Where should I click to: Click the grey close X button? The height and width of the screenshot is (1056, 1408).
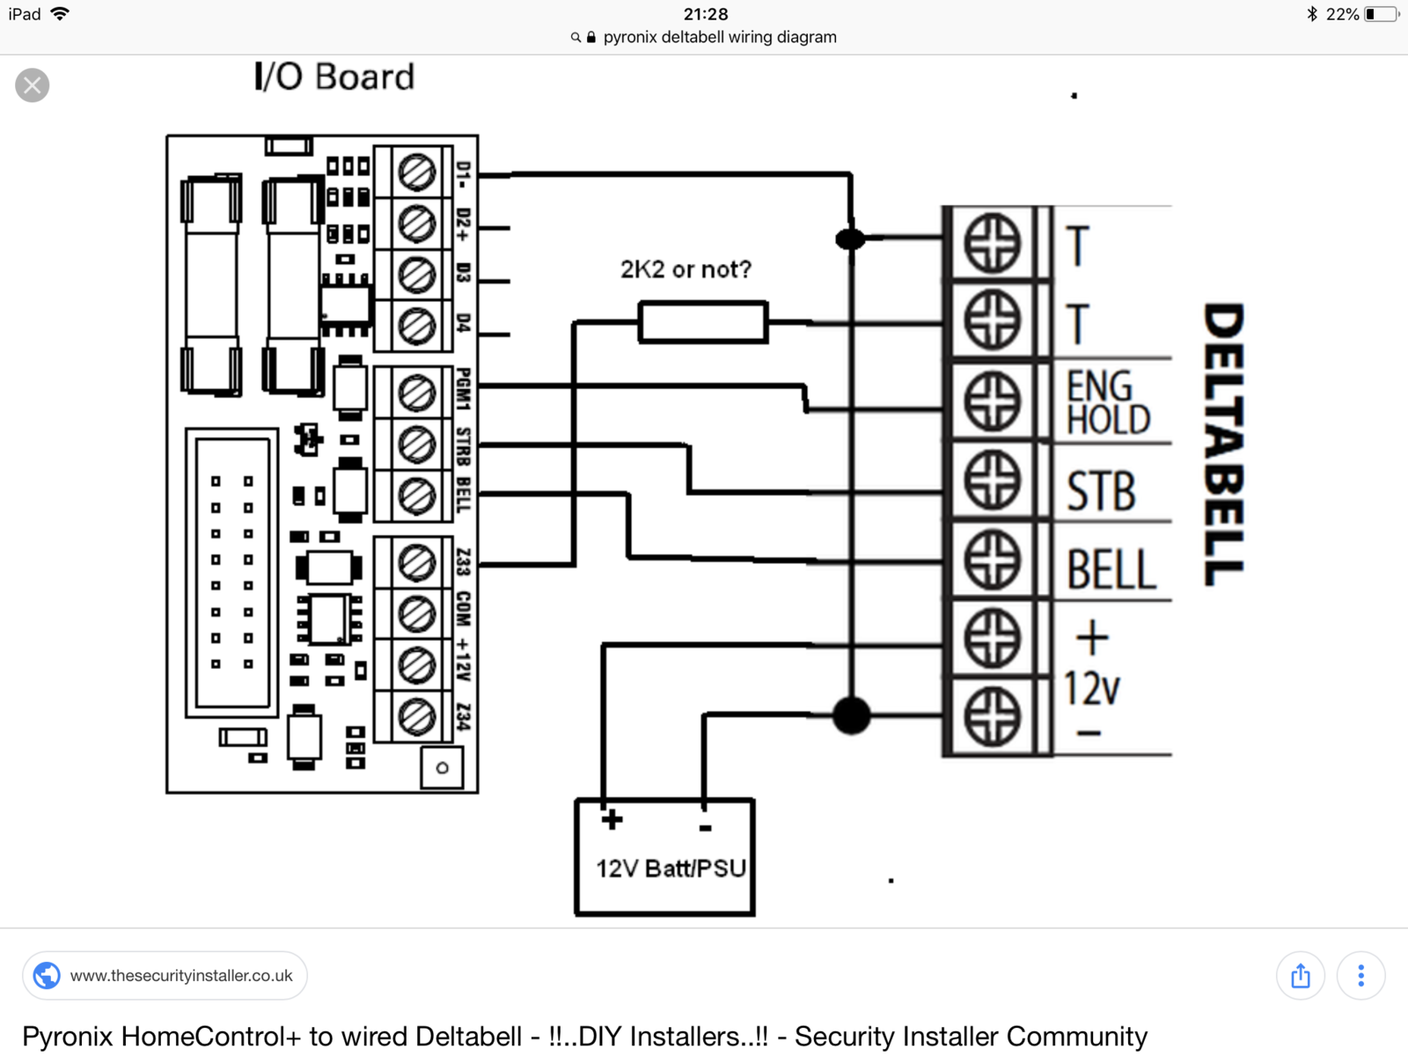(33, 85)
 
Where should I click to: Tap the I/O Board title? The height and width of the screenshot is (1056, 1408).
(334, 77)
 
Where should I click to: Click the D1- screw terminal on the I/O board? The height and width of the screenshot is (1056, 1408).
(416, 172)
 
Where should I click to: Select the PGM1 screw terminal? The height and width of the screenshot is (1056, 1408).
(416, 392)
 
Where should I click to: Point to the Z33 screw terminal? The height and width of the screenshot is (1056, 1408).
(416, 562)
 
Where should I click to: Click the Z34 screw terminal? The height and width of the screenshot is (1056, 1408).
(416, 716)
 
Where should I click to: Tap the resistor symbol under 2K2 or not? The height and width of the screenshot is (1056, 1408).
(702, 322)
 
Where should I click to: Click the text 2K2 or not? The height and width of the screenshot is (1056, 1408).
(686, 269)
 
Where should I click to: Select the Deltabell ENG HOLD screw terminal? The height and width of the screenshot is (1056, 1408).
(992, 401)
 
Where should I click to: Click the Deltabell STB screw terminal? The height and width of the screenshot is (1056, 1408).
(992, 481)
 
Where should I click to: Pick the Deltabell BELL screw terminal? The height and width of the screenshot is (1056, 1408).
(992, 561)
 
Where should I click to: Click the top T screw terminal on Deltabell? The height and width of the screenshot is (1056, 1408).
(992, 243)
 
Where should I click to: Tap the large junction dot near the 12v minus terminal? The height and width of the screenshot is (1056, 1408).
(851, 715)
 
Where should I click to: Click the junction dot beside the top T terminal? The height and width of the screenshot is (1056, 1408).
(849, 238)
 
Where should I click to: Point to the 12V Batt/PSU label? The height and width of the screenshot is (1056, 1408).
(671, 869)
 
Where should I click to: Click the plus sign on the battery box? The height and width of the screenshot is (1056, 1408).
(612, 820)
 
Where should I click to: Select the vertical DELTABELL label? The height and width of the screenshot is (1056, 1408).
(1224, 444)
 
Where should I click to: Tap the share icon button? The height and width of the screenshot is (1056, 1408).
(1301, 976)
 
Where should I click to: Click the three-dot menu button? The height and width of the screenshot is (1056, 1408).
(1360, 976)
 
